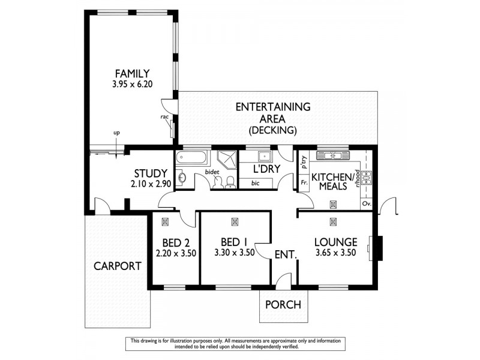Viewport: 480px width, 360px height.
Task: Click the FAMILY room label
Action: coord(132,73)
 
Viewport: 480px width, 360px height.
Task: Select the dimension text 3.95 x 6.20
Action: coord(132,85)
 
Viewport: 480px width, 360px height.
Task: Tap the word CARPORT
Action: coord(117,266)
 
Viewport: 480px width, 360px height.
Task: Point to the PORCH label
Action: coord(284,304)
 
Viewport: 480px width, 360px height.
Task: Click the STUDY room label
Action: coord(150,174)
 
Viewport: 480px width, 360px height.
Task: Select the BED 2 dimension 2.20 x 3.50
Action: coord(175,253)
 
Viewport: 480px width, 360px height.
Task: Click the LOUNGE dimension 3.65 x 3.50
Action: coord(336,253)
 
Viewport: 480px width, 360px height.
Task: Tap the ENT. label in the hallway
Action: coord(286,254)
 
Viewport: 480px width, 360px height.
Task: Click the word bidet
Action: coord(211,172)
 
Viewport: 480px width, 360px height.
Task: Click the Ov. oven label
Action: coord(366,204)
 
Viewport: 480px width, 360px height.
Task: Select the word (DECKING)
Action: coord(273,130)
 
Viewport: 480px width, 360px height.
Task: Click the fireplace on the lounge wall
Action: coord(377,247)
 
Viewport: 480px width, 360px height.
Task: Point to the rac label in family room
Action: coord(163,118)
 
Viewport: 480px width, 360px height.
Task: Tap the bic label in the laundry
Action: coord(256,183)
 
